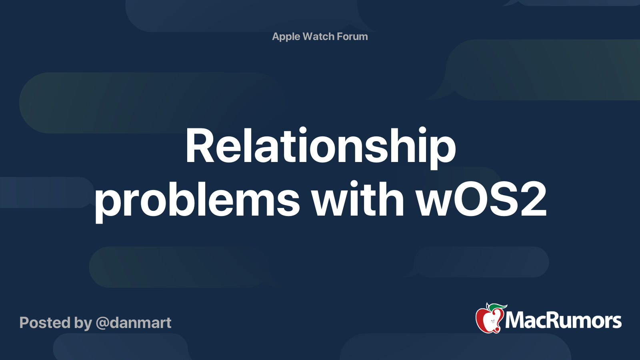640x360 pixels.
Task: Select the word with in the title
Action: click(358, 198)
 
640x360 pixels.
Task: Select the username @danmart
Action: click(134, 323)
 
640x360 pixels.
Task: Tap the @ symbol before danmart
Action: click(102, 324)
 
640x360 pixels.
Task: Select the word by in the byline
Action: click(83, 324)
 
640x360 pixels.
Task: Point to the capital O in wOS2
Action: click(466, 199)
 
